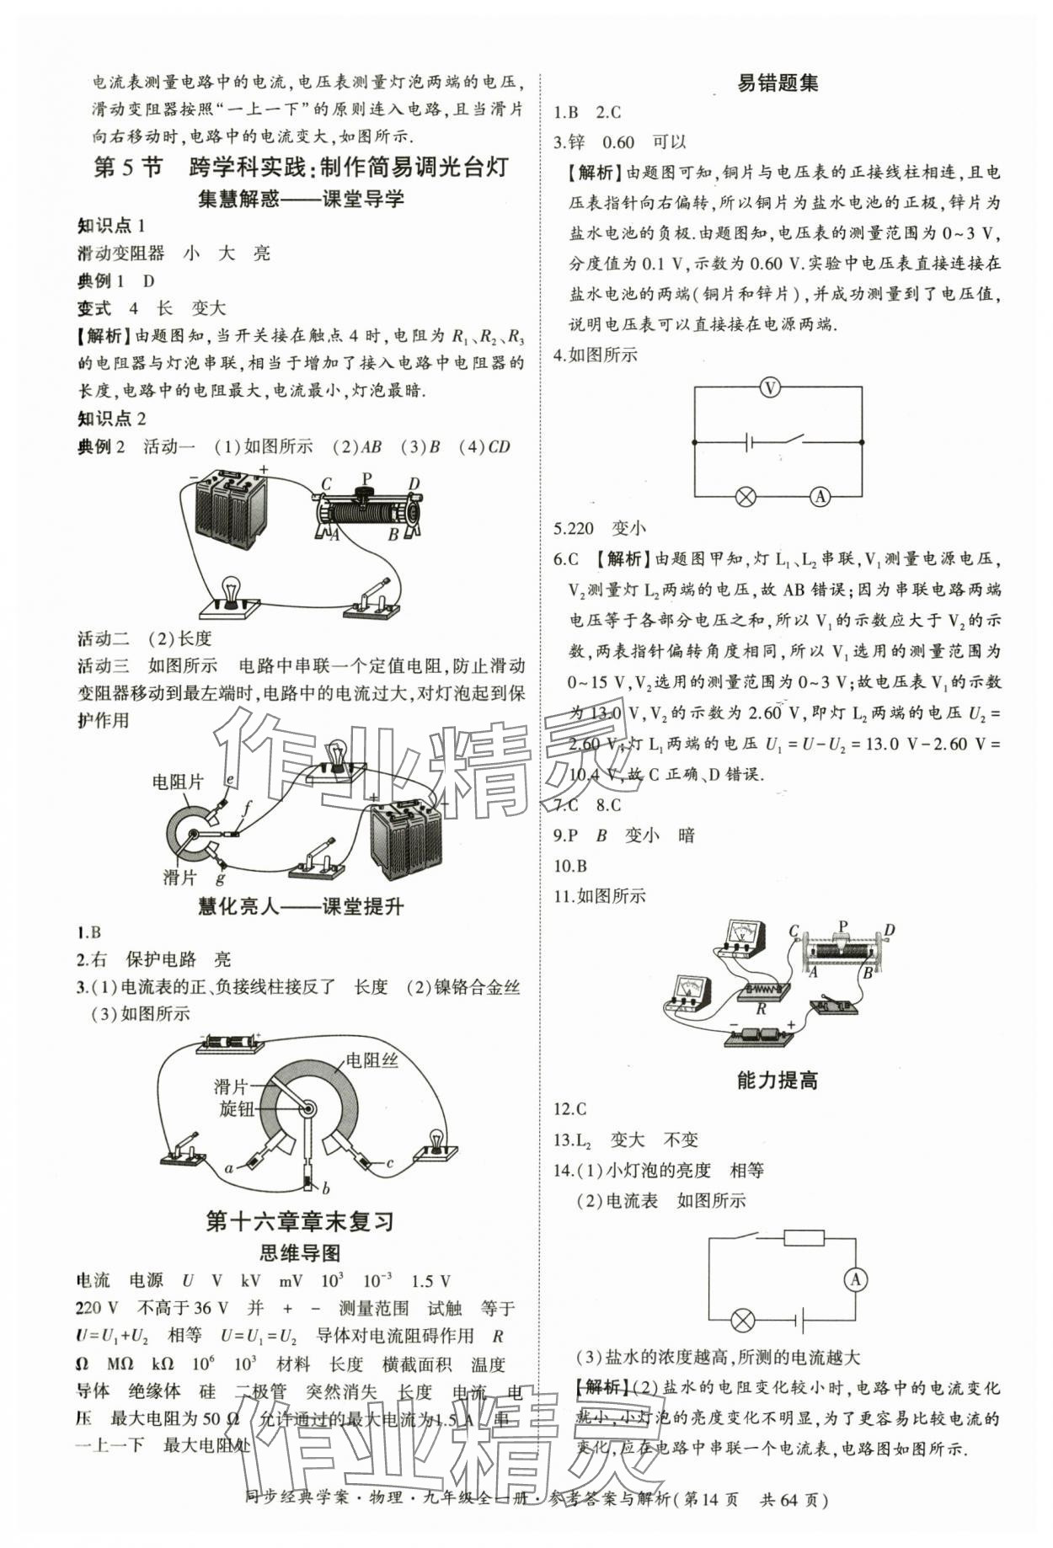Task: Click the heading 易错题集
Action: click(777, 83)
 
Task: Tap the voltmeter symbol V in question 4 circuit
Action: click(769, 387)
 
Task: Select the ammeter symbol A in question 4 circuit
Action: click(820, 496)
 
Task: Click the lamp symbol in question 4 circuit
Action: click(745, 496)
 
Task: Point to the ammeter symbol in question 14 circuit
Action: click(855, 1279)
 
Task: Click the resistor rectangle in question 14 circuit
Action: click(804, 1237)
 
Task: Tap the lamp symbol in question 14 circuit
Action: click(742, 1320)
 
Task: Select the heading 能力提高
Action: click(777, 1081)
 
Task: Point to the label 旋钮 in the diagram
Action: click(236, 1108)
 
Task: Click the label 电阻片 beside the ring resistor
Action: click(178, 782)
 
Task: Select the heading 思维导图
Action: click(300, 1252)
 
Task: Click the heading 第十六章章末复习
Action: click(300, 1220)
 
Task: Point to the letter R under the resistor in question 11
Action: click(761, 1007)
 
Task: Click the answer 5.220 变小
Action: click(599, 528)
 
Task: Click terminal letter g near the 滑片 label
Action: click(220, 878)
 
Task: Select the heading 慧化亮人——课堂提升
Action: click(300, 906)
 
